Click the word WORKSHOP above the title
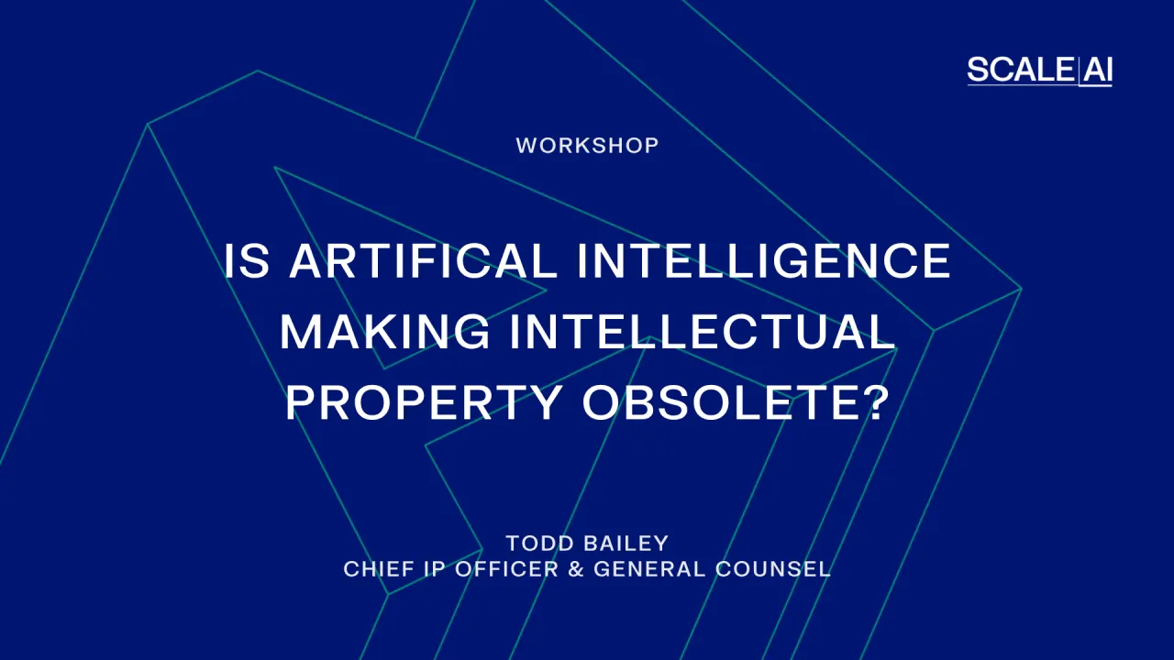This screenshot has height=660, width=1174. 587,146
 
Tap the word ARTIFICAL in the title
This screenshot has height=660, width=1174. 423,261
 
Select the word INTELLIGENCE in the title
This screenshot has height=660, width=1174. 764,261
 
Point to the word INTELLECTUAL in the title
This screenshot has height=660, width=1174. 703,331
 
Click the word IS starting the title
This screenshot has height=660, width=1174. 248,261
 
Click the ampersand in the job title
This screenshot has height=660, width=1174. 575,569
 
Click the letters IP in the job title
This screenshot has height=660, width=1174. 432,569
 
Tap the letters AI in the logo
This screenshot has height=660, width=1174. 1097,71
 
